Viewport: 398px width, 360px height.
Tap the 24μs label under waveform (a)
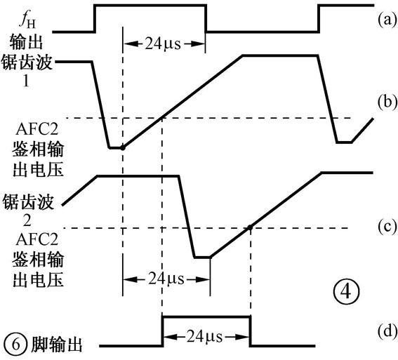coord(164,41)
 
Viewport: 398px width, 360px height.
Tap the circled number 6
coord(15,345)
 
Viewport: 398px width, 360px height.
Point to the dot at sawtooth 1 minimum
coord(123,148)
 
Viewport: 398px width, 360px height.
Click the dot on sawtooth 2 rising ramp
coord(250,227)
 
